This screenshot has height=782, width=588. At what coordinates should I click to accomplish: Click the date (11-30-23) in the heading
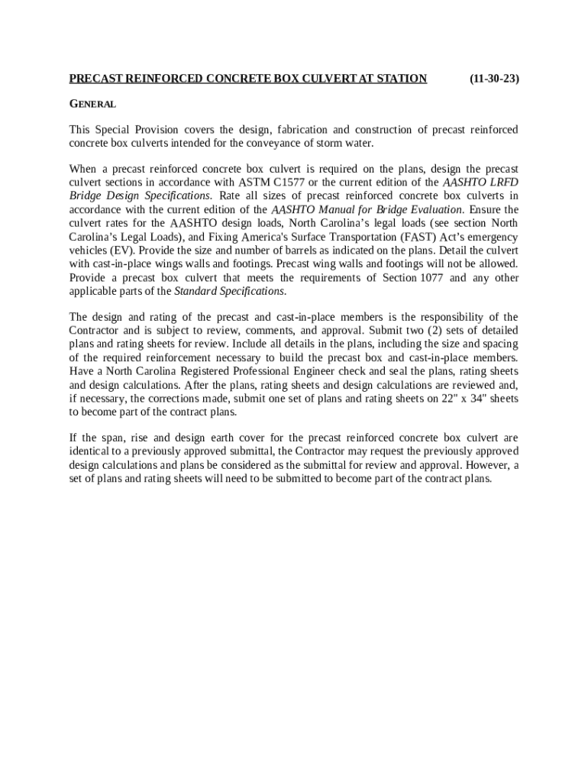click(494, 79)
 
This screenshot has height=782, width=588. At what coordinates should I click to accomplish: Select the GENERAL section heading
click(92, 104)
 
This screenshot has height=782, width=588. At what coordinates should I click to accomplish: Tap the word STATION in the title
click(399, 79)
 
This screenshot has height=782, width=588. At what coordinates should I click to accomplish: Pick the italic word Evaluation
click(435, 209)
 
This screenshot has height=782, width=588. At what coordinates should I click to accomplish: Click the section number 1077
click(429, 278)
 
